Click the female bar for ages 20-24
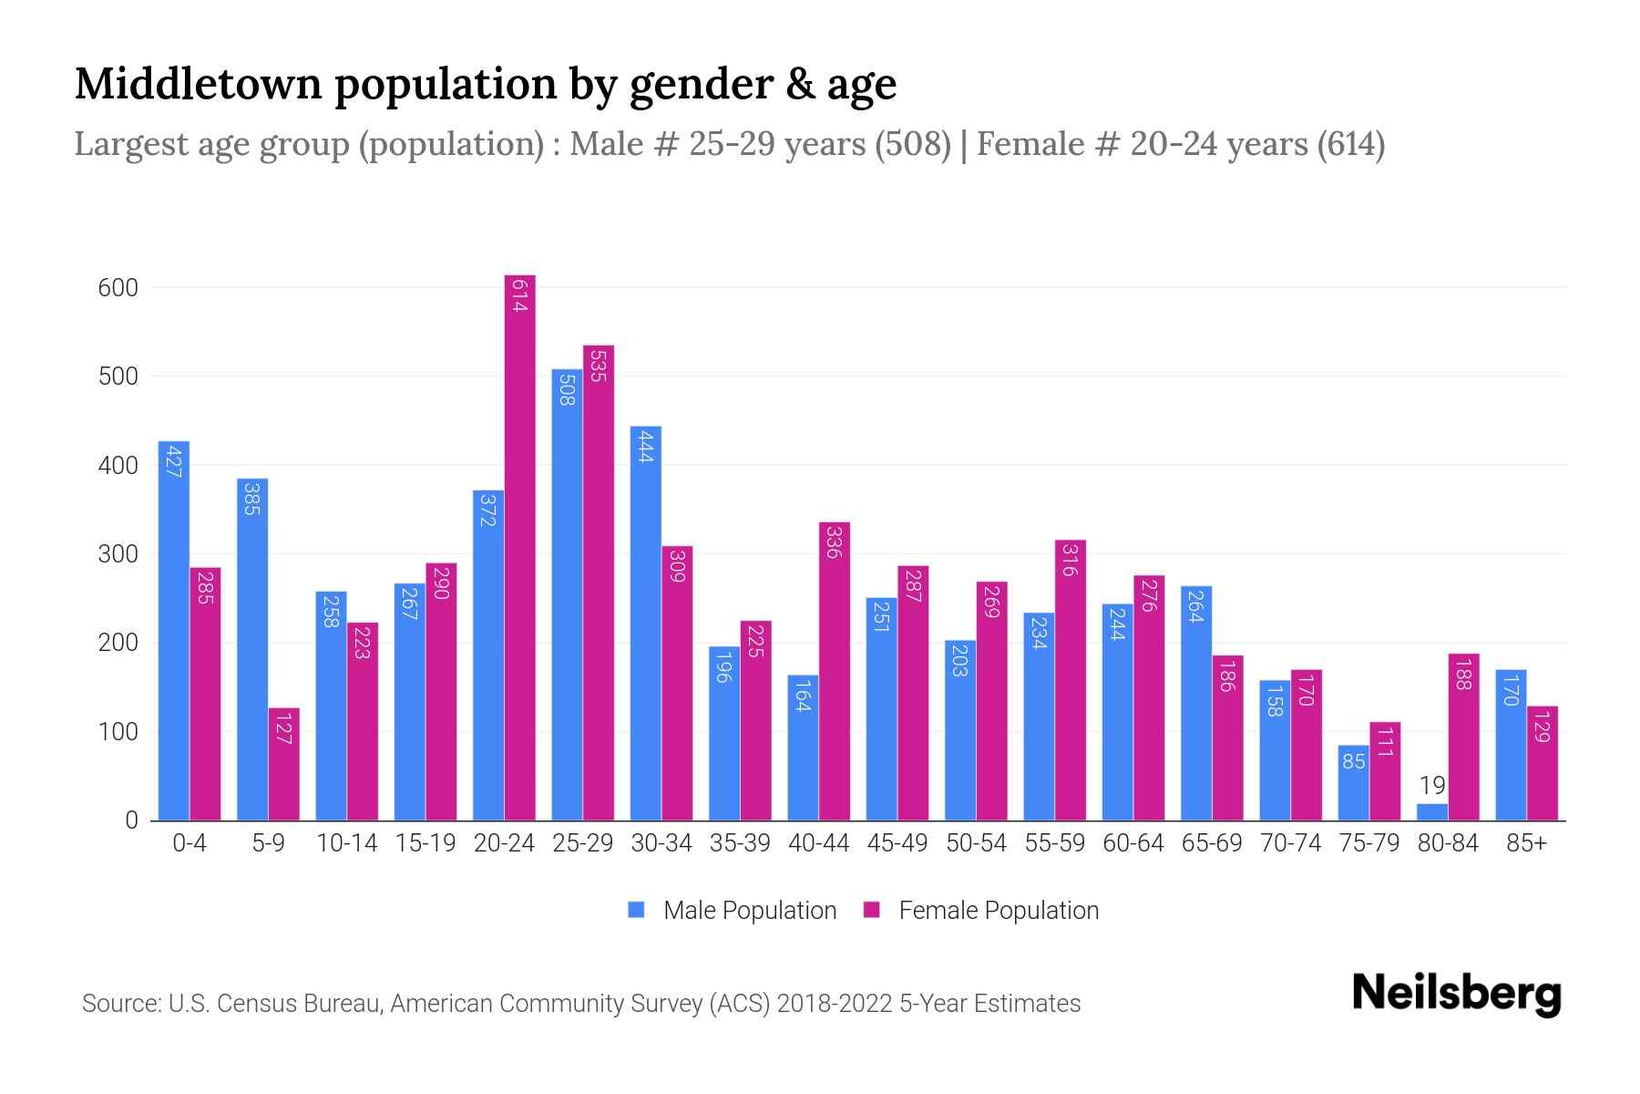[x=519, y=547]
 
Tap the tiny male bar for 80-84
[x=1432, y=811]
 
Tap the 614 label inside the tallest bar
[x=519, y=296]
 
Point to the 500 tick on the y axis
[x=118, y=377]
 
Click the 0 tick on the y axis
[x=131, y=820]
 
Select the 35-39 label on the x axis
[x=740, y=843]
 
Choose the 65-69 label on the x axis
[x=1212, y=843]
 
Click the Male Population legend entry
[x=749, y=911]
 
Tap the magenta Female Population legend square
[x=872, y=911]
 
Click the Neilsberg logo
[x=1456, y=994]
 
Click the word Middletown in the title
[x=198, y=84]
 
